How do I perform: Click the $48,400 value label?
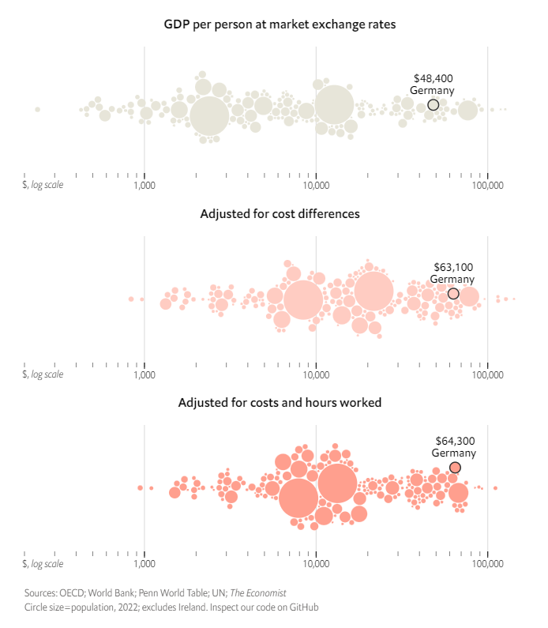(x=434, y=78)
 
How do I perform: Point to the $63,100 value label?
(x=453, y=267)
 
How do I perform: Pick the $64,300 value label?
(x=455, y=441)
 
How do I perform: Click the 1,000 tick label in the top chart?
(x=145, y=186)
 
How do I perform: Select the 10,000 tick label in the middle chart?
(x=316, y=375)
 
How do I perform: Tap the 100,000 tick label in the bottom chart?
(x=487, y=564)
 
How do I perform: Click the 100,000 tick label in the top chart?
(x=487, y=186)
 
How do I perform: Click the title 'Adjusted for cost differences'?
(x=280, y=214)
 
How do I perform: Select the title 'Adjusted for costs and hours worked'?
(x=280, y=403)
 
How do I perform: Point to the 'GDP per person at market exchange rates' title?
(x=280, y=24)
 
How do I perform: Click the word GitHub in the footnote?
(x=304, y=607)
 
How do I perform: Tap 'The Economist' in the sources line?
(x=258, y=592)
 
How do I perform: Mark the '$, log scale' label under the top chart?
(x=43, y=185)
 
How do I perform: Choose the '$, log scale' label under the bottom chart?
(x=43, y=563)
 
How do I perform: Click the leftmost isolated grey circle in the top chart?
(x=38, y=109)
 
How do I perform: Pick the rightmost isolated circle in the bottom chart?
(x=496, y=488)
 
